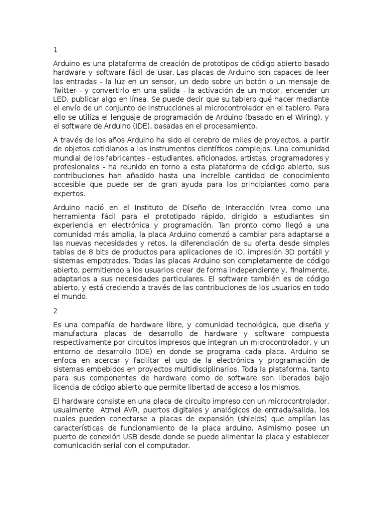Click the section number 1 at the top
[55, 50]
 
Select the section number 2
[55, 310]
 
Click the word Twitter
[64, 90]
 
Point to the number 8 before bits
[89, 252]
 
